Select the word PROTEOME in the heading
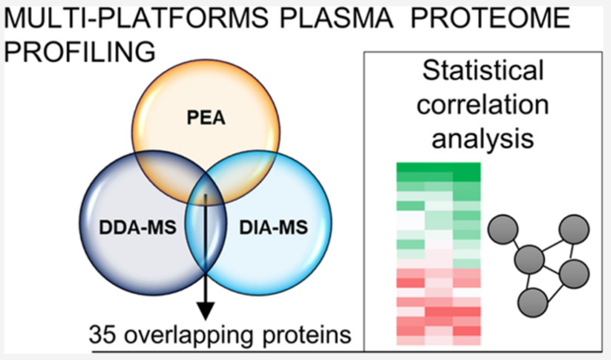click(x=490, y=18)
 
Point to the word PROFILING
click(x=80, y=52)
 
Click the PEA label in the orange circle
click(x=206, y=117)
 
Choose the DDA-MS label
click(x=137, y=227)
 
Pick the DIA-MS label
click(x=274, y=227)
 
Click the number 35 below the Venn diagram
click(x=102, y=335)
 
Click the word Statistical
click(x=483, y=70)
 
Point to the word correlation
click(x=483, y=105)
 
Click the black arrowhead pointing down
click(x=205, y=310)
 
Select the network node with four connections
click(x=529, y=259)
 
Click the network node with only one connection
click(x=503, y=229)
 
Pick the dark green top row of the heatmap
click(x=438, y=168)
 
